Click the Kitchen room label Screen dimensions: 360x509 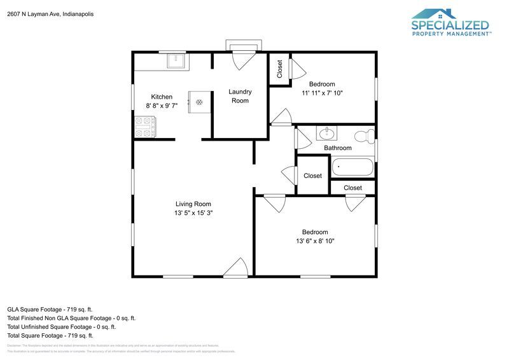[161, 97]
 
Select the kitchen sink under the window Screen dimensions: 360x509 [176, 61]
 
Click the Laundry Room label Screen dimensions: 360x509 [240, 96]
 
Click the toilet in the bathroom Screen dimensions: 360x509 [364, 135]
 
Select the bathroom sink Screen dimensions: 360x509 [327, 133]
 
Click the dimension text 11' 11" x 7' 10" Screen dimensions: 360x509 [322, 93]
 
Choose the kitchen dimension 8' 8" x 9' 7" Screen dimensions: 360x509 [161, 106]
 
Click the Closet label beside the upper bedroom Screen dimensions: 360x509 [279, 69]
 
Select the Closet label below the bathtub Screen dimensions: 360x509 [352, 188]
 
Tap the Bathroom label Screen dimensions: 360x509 [337, 148]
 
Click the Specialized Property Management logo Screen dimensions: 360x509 [450, 24]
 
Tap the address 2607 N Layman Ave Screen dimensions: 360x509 [50, 13]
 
